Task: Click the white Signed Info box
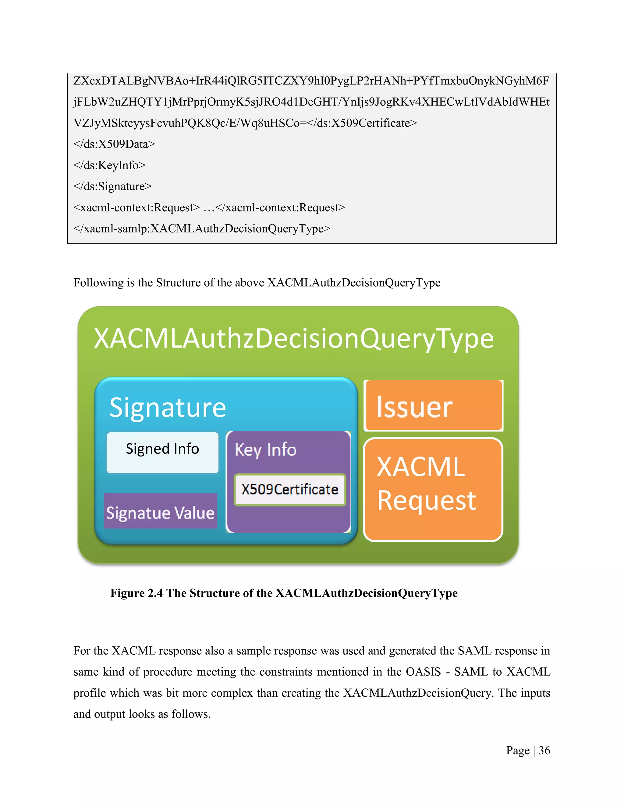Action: pyautogui.click(x=162, y=452)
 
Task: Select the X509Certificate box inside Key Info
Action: pyautogui.click(x=290, y=489)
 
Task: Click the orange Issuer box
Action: pyautogui.click(x=433, y=406)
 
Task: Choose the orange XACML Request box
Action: pyautogui.click(x=433, y=489)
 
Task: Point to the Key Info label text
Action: pyautogui.click(x=265, y=450)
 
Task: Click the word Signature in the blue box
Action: pyautogui.click(x=168, y=408)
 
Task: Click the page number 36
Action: pyautogui.click(x=544, y=750)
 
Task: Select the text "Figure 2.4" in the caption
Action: pyautogui.click(x=136, y=593)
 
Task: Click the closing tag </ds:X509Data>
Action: pyautogui.click(x=114, y=144)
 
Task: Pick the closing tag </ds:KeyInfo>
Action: pyautogui.click(x=109, y=165)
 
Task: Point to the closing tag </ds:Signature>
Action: pyautogui.click(x=112, y=186)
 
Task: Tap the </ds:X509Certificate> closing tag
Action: pyautogui.click(x=363, y=123)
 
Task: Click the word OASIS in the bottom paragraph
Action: pyautogui.click(x=423, y=671)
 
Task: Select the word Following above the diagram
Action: pyautogui.click(x=93, y=283)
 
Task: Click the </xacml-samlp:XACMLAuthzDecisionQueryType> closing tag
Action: pyautogui.click(x=202, y=229)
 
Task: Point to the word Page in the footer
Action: pyautogui.click(x=518, y=750)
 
